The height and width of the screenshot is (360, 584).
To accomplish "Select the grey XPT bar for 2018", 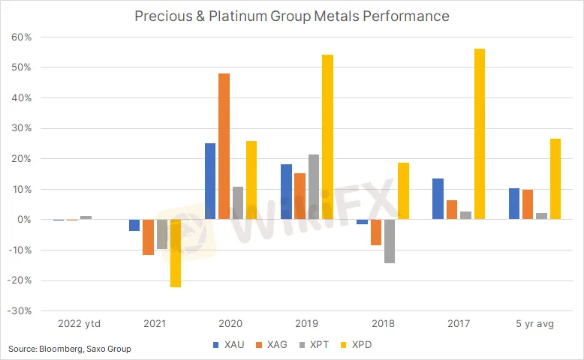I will tap(390, 241).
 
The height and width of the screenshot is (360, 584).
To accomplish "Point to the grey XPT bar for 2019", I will tap(314, 187).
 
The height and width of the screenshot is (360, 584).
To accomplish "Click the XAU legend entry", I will tap(228, 345).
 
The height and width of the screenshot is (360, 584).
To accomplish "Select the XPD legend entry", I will tap(360, 345).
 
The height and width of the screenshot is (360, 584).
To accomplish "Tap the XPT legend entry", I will tap(317, 345).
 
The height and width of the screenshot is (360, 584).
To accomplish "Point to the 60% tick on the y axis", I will tap(21, 37).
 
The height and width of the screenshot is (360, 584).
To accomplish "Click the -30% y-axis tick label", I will tap(20, 311).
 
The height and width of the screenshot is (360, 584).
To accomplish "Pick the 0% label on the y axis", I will tap(24, 220).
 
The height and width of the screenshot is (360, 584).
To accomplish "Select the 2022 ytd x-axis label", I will tap(79, 324).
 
